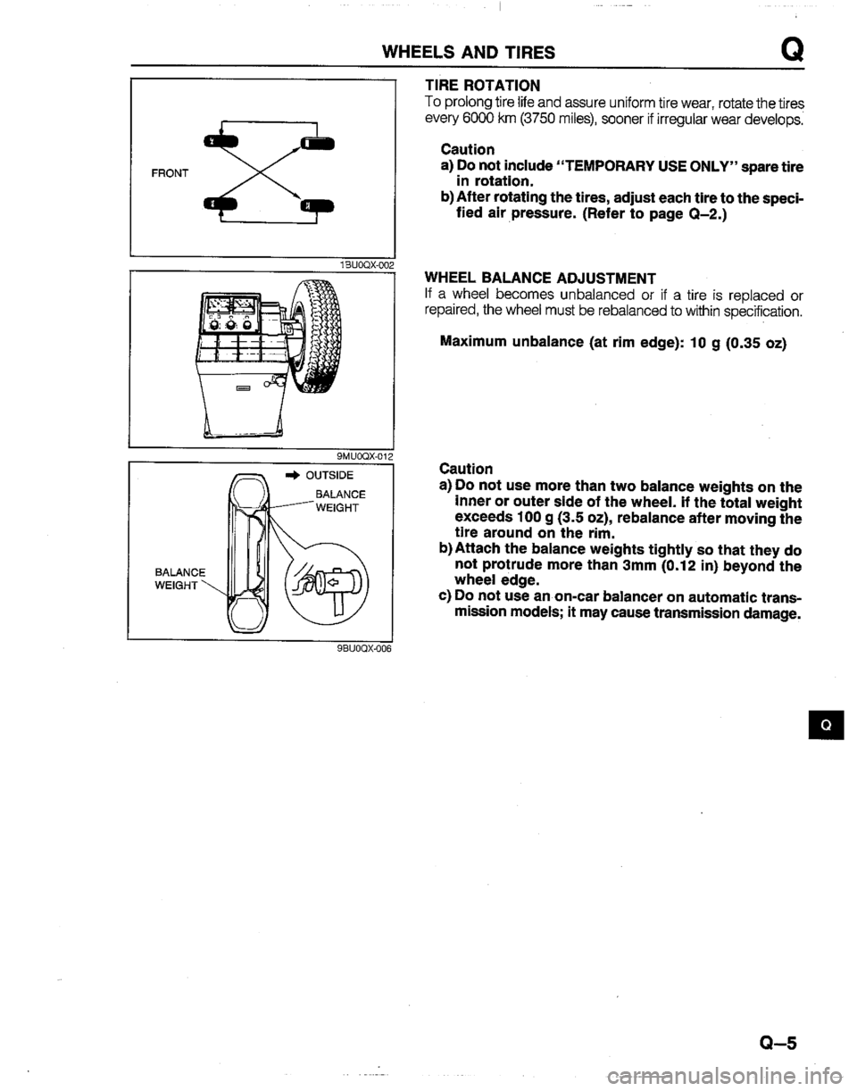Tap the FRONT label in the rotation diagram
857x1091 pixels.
167,176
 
